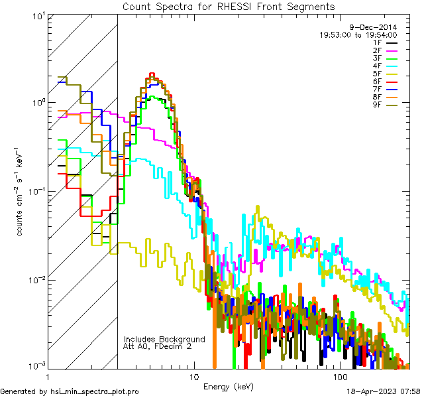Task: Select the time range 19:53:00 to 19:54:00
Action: [x=358, y=34]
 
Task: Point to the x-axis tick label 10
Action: [x=193, y=375]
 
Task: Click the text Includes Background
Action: [x=164, y=339]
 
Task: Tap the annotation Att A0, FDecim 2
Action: [x=158, y=346]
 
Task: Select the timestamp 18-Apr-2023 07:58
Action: [x=384, y=392]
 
